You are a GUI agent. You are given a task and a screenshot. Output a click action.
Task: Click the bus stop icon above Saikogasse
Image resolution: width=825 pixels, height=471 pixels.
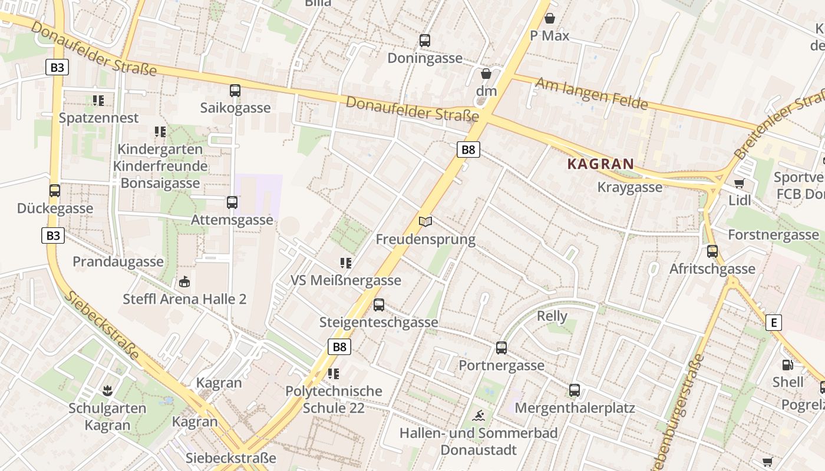click(x=235, y=91)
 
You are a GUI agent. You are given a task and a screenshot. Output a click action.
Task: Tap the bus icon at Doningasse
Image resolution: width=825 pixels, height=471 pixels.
click(x=425, y=41)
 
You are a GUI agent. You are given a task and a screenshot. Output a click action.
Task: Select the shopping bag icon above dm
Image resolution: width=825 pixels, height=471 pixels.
click(x=486, y=74)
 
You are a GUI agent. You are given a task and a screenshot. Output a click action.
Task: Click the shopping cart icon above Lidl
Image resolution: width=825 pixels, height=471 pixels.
click(x=740, y=183)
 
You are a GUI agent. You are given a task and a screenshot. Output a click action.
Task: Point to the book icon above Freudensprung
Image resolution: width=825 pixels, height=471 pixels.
click(x=425, y=221)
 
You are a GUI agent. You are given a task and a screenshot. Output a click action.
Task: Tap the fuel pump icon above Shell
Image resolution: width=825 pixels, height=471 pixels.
click(x=787, y=365)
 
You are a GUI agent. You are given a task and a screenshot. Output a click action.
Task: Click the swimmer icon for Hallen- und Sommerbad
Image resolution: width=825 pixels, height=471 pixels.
click(x=478, y=416)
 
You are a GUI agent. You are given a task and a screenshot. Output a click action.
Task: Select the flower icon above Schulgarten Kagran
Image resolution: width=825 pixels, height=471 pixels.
click(x=107, y=390)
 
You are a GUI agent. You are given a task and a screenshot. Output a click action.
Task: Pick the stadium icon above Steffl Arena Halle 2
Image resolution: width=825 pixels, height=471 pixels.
click(x=184, y=282)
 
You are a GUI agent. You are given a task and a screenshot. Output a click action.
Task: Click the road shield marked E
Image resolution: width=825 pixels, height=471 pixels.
click(x=774, y=323)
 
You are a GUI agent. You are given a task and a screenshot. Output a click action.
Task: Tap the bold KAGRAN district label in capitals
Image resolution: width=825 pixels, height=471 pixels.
click(x=600, y=164)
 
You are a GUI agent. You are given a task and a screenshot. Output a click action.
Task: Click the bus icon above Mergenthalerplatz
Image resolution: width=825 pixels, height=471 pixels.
click(x=575, y=390)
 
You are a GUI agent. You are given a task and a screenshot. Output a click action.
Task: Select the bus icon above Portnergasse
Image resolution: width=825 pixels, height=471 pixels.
click(x=501, y=348)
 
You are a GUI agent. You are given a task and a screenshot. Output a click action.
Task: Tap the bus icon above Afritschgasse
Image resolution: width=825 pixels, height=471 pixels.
click(x=712, y=251)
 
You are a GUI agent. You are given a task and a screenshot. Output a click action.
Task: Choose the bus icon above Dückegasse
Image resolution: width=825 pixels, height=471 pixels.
click(x=55, y=191)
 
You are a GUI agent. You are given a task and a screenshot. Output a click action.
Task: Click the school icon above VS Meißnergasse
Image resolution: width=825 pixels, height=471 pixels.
click(x=346, y=263)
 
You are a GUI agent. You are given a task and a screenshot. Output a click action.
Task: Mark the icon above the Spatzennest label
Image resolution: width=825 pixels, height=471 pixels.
click(x=98, y=101)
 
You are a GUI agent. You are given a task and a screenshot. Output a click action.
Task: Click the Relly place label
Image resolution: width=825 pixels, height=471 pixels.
click(x=552, y=316)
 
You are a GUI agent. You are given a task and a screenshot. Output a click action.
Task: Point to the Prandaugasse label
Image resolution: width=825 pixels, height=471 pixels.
click(x=118, y=261)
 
